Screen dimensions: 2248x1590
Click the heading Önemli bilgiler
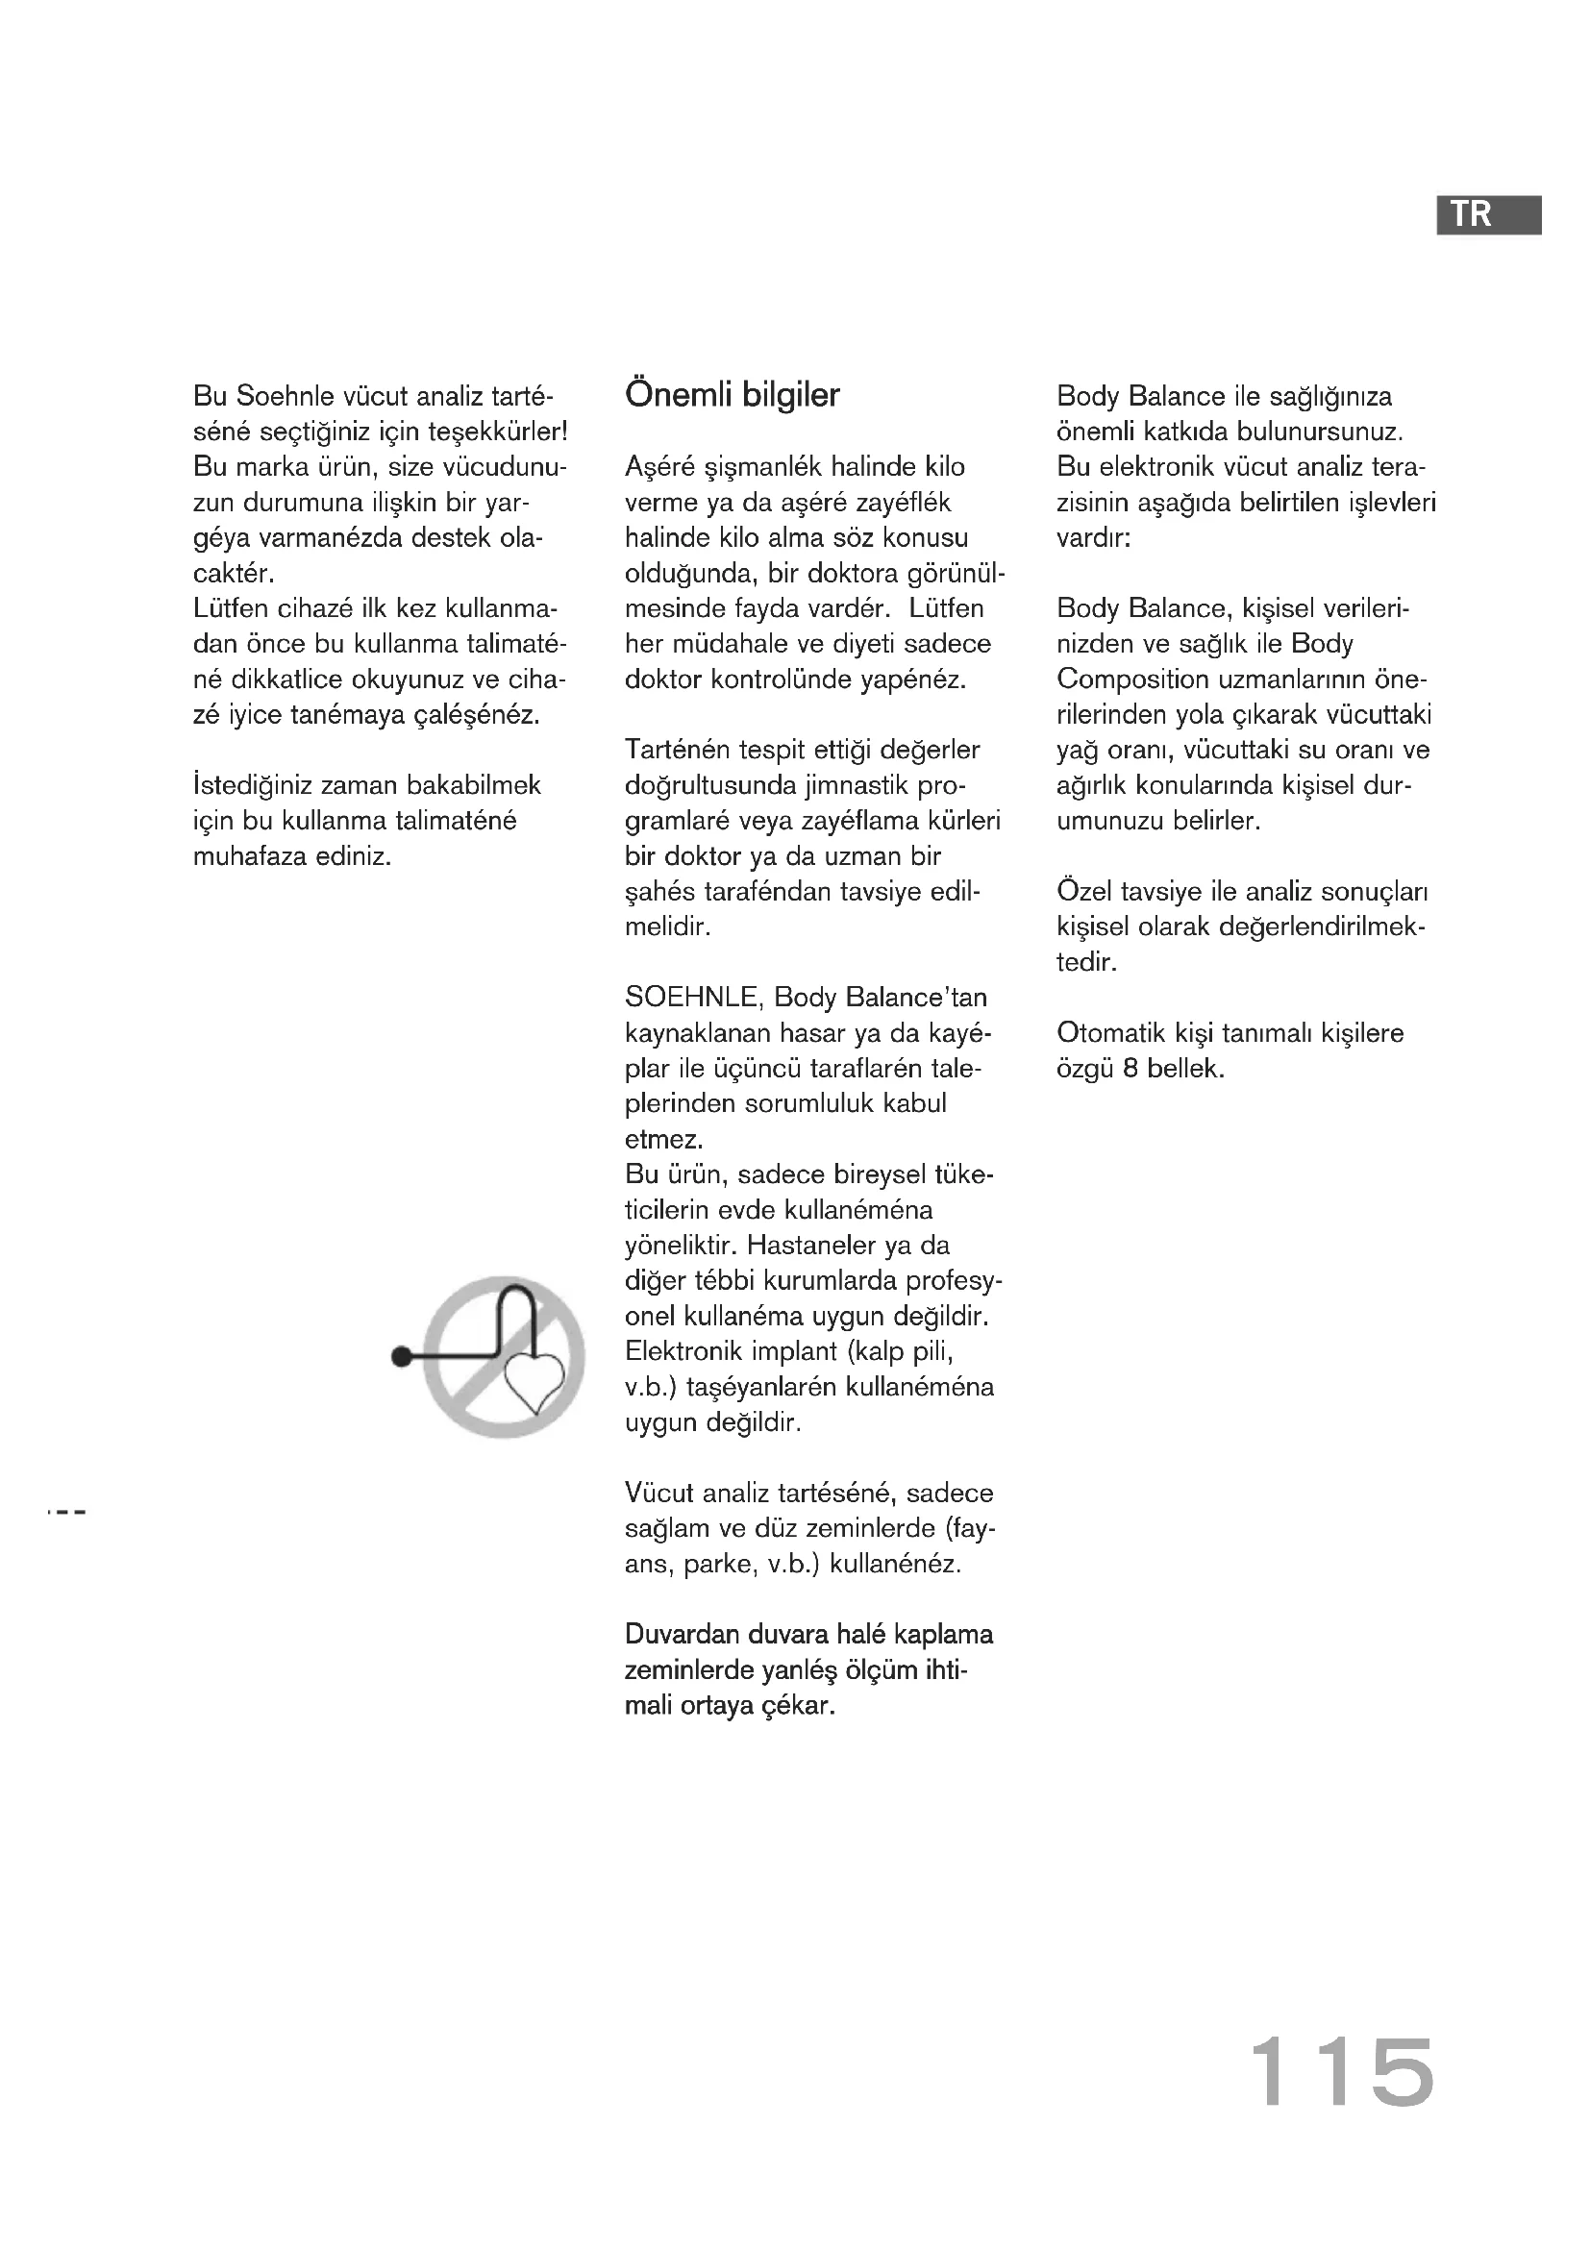(733, 396)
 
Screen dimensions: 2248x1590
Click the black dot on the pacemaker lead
(401, 1357)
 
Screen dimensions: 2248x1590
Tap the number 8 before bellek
(1130, 1068)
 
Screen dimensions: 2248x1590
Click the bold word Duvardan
(682, 1634)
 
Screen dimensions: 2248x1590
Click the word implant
(796, 1351)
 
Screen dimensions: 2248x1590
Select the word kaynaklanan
(698, 1033)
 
